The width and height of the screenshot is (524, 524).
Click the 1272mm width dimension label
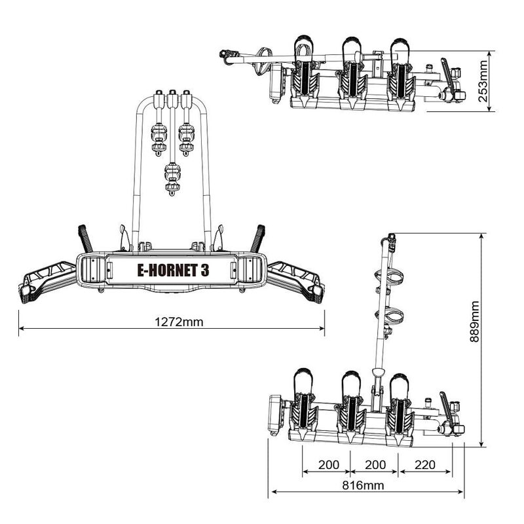pos(179,322)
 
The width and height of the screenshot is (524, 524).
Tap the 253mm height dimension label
pos(483,81)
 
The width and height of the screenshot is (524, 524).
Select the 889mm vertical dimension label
pos(474,322)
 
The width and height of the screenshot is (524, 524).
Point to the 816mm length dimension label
pos(363,485)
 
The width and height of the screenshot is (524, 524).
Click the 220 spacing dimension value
pos(424,464)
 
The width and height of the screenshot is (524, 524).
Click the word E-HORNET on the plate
pos(167,271)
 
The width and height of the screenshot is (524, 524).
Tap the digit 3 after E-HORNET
pos(205,271)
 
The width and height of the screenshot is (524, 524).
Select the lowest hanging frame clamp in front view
pos(172,179)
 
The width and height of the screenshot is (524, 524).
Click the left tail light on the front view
pos(91,269)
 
